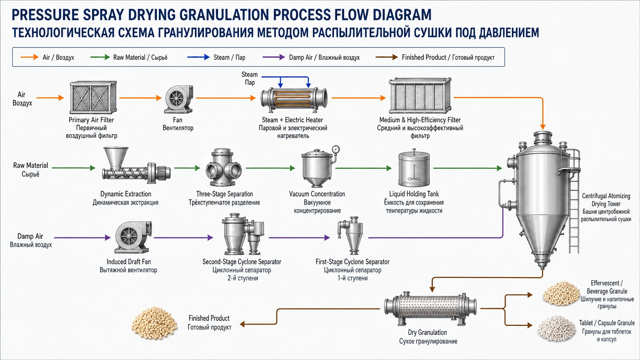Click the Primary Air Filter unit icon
click(93, 98)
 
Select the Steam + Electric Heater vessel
click(294, 98)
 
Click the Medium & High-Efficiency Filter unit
click(420, 96)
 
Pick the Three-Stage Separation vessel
click(224, 167)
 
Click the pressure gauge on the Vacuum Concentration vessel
click(336, 149)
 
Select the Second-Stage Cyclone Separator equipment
click(243, 234)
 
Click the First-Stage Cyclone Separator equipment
click(351, 236)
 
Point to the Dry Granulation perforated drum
click(430, 309)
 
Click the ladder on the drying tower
click(574, 203)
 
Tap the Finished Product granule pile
click(154, 323)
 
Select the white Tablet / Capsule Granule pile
click(557, 329)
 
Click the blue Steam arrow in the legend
click(198, 57)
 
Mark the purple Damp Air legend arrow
click(274, 57)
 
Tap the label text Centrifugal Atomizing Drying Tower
click(606, 200)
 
